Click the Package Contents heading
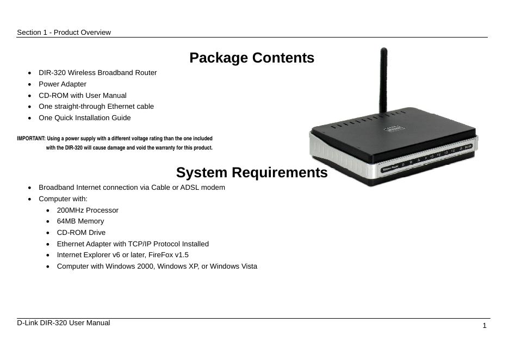pyautogui.click(x=252, y=58)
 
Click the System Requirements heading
pyautogui.click(x=252, y=173)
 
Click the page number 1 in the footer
pyautogui.click(x=485, y=326)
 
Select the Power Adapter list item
pyautogui.click(x=63, y=84)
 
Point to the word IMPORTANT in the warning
pyautogui.click(x=31, y=139)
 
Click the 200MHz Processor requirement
pyautogui.click(x=88, y=210)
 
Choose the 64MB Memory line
pyautogui.click(x=80, y=221)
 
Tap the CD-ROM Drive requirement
pyautogui.click(x=81, y=233)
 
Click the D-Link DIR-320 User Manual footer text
pyautogui.click(x=63, y=323)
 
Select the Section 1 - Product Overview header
pyautogui.click(x=64, y=33)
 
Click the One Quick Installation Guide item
pyautogui.click(x=84, y=118)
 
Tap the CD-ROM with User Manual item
pyautogui.click(x=82, y=96)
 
